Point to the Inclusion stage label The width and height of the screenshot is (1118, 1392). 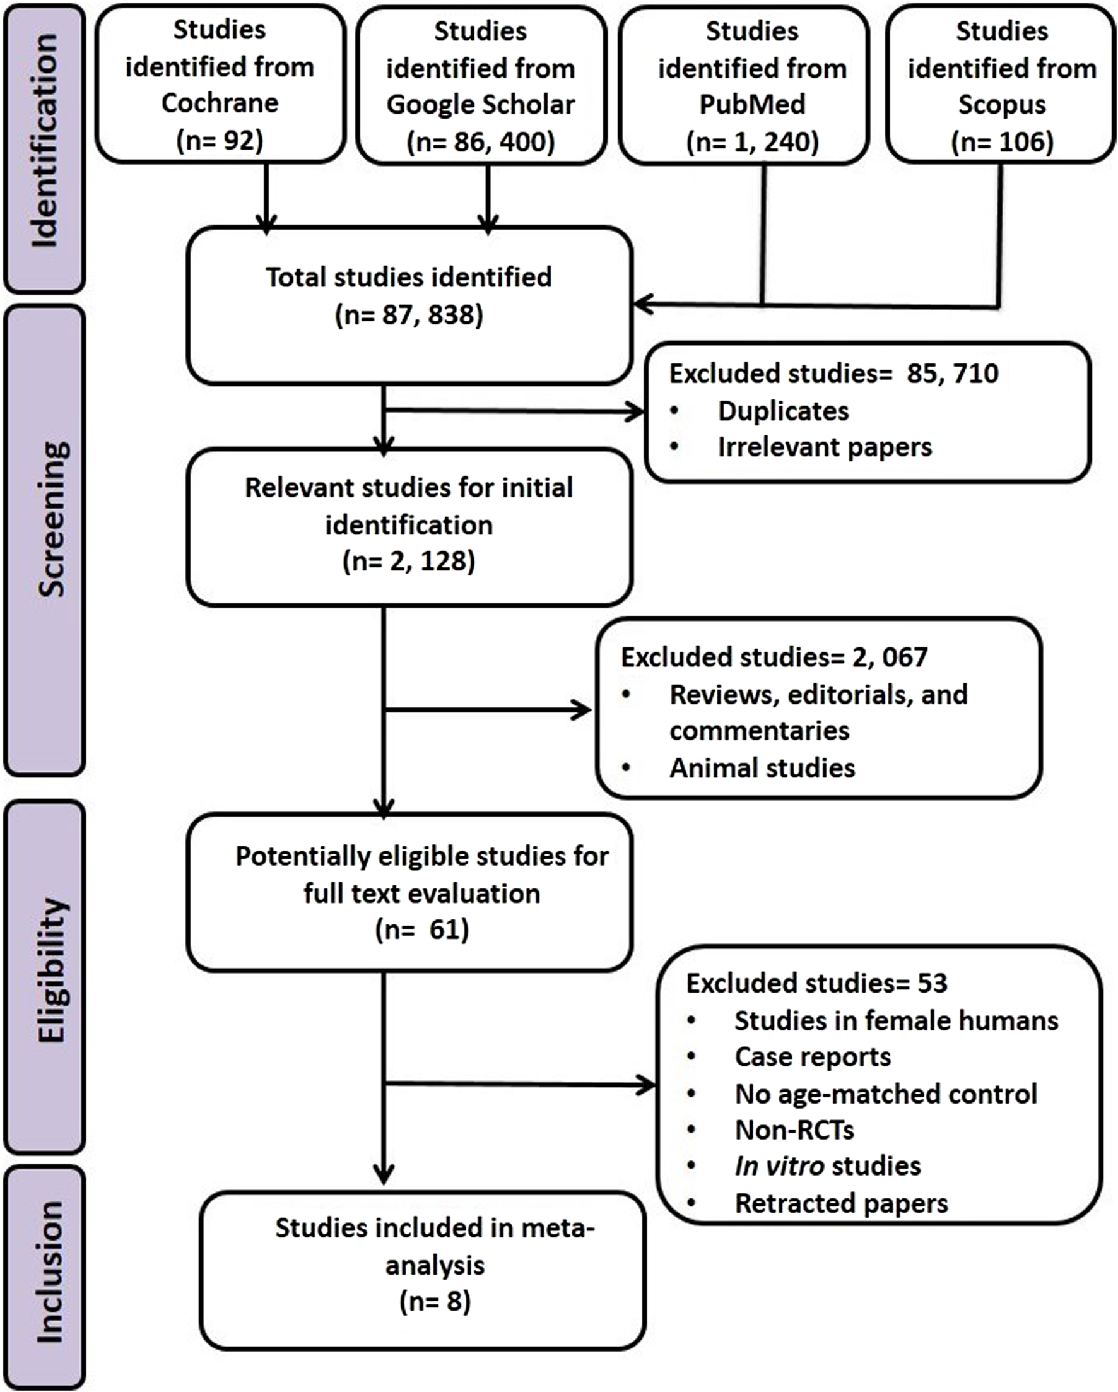(x=49, y=1272)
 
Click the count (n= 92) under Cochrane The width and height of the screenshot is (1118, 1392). (x=220, y=140)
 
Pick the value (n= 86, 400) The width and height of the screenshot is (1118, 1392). (x=480, y=142)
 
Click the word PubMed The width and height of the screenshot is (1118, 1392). (x=752, y=105)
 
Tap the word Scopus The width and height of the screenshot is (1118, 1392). (x=1001, y=105)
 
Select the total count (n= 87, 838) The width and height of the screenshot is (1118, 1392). (x=409, y=315)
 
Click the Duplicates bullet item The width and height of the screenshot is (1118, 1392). (x=783, y=411)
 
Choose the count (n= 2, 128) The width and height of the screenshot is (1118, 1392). (x=409, y=561)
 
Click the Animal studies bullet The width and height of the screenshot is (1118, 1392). (x=762, y=769)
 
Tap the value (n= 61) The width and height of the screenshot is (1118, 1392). (x=421, y=929)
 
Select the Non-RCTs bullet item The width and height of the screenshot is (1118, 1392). (x=794, y=1130)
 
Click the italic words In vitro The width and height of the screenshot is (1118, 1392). (x=779, y=1166)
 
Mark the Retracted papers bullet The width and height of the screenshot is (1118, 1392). (x=841, y=1203)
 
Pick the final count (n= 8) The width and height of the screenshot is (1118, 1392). (x=435, y=1301)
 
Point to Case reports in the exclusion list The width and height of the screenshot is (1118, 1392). (x=812, y=1057)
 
